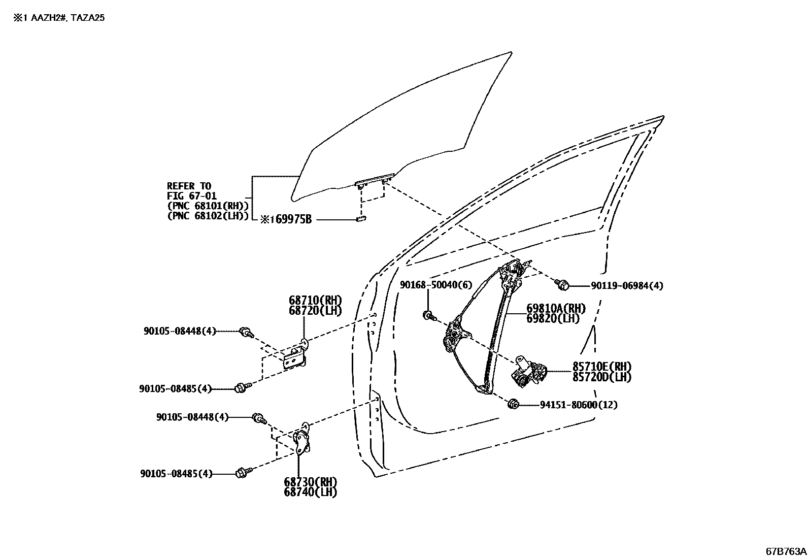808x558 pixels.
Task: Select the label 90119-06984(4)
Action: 627,286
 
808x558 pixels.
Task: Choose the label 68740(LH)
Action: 310,491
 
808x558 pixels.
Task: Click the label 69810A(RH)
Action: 556,309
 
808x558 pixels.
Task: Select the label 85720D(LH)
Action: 602,377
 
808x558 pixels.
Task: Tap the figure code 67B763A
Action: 786,551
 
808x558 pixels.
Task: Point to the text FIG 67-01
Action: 192,196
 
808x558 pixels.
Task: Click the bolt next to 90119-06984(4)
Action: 561,285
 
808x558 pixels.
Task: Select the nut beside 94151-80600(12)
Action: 513,404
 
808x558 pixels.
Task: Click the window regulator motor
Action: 529,372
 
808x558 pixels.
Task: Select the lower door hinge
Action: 303,441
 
